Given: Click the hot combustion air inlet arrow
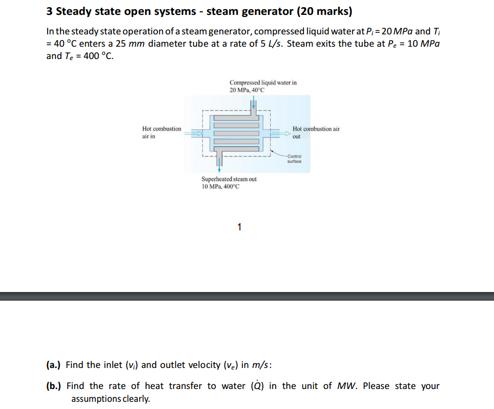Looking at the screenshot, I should pos(196,133).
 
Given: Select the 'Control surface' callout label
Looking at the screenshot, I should pos(294,159).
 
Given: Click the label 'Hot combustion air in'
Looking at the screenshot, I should pos(161,132).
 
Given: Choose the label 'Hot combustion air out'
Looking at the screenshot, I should pos(316,132).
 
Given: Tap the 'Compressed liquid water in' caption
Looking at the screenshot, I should pos(263,82).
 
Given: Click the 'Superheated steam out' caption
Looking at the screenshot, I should pos(229,179).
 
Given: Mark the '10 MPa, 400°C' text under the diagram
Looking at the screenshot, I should pos(220,186).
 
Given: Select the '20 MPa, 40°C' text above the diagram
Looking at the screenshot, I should pos(247,90).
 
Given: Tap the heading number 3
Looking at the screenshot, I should pos(49,11).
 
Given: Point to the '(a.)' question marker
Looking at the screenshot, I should pos(53,365).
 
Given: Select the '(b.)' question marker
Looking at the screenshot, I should pos(53,386).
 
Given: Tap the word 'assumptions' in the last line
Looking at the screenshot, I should pos(97,399).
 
